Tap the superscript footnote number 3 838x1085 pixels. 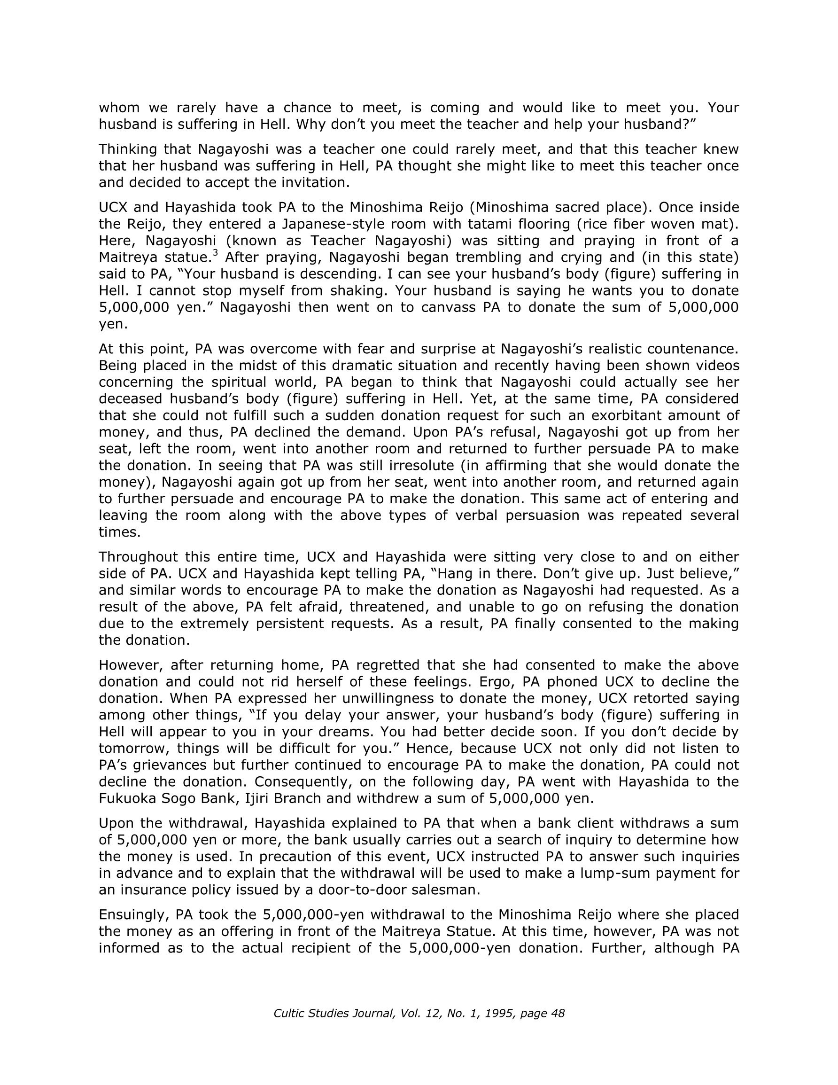(215, 253)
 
